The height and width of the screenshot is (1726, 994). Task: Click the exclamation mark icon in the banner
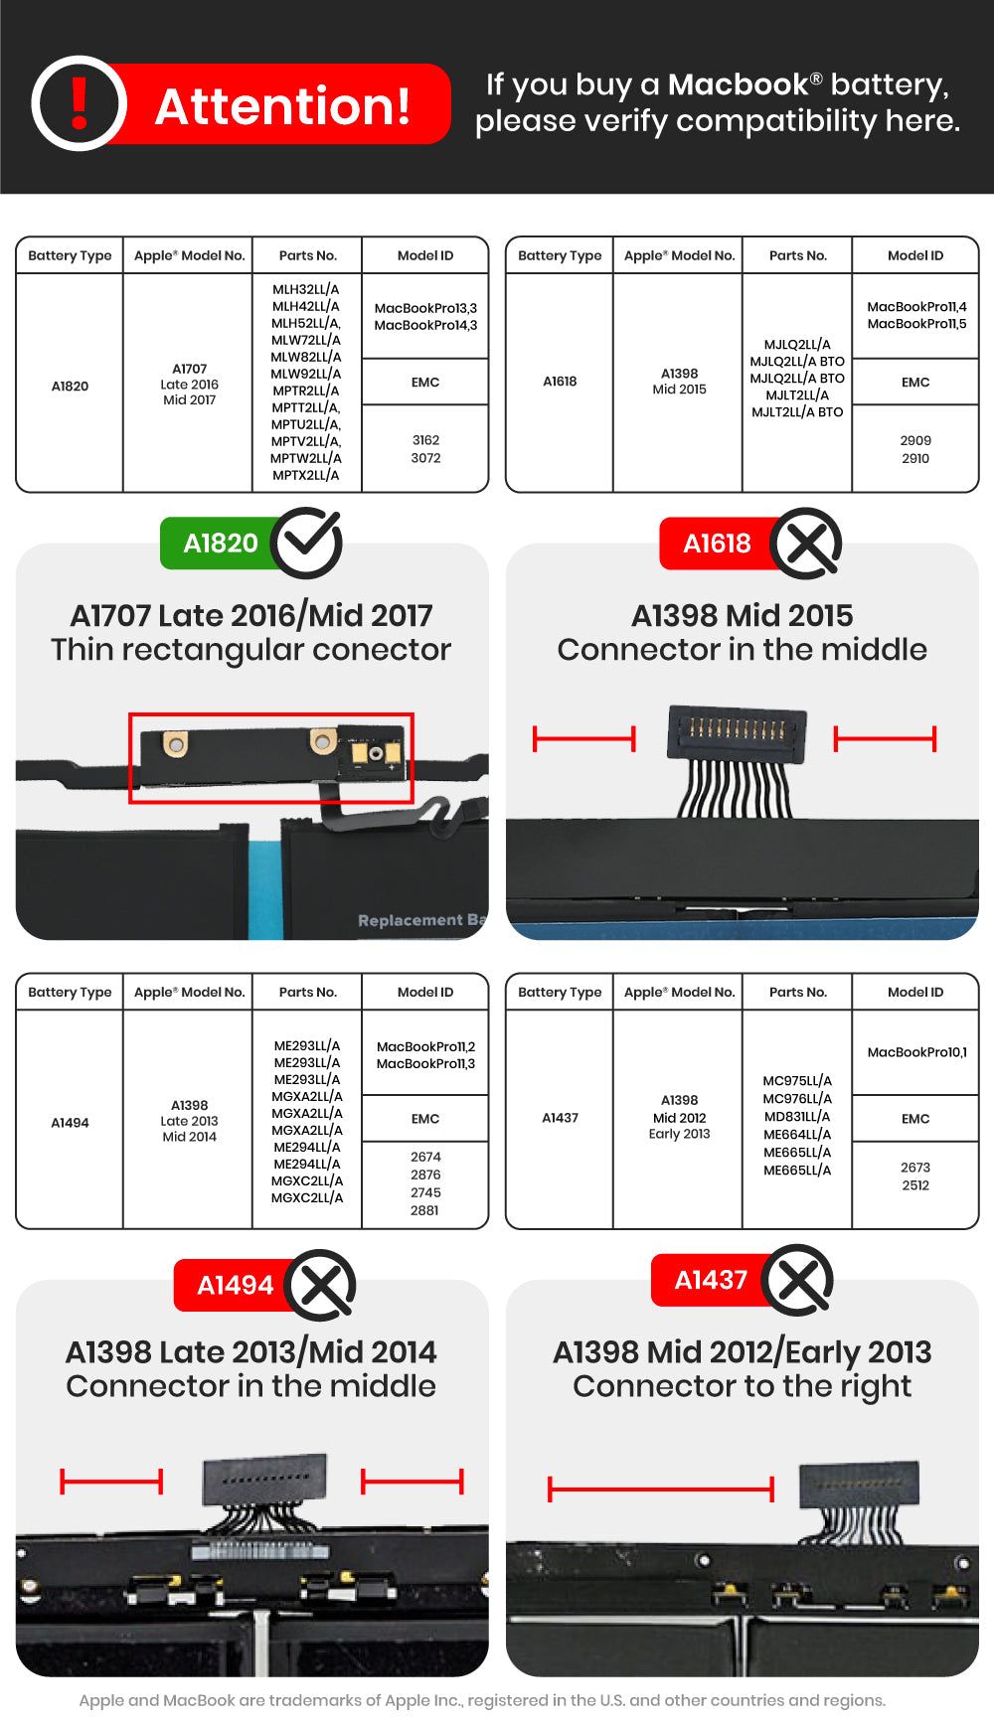tap(80, 103)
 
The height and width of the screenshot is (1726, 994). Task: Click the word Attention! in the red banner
tap(282, 106)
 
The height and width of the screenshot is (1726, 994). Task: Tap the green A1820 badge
tap(220, 544)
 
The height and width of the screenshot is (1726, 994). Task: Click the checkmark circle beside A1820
tap(308, 543)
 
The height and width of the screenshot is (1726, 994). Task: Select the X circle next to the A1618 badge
tap(806, 544)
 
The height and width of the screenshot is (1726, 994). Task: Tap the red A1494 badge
tap(235, 1285)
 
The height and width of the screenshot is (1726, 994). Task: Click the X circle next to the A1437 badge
tap(798, 1280)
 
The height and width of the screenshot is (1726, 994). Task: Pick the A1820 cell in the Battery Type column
tap(70, 386)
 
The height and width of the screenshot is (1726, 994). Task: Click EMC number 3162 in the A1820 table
tap(425, 440)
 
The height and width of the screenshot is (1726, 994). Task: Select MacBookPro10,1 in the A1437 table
tap(915, 1052)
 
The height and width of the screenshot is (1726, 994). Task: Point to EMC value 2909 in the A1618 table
tap(915, 440)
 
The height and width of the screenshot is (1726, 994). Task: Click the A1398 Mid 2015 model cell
tap(679, 382)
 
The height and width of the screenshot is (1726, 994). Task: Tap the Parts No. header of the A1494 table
tap(307, 992)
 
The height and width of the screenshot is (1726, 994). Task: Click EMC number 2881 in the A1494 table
tap(424, 1210)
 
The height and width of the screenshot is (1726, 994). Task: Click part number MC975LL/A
tap(797, 1081)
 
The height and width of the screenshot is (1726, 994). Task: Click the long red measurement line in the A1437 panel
tap(660, 1489)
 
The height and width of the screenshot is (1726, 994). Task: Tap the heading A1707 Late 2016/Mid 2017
tap(251, 615)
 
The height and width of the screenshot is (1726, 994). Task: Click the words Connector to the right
tap(742, 1386)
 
